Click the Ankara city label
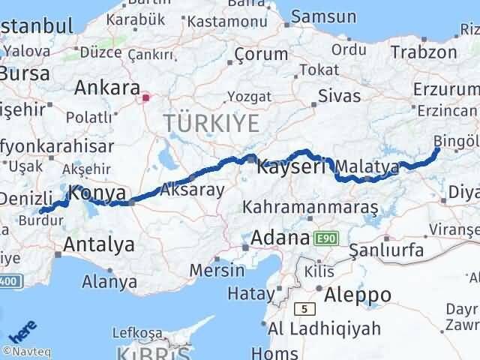pos(106,87)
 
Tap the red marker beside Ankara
pos(145,97)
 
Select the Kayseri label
pos(291,167)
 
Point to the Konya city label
pos(97,193)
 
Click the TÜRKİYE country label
pos(211,122)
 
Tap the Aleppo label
pos(358,295)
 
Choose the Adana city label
pos(280,239)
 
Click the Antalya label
pos(99,244)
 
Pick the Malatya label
pos(367,166)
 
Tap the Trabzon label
pos(424,52)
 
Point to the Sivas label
pos(339,96)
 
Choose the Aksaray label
pos(193,189)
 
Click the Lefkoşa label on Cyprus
pos(136,331)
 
